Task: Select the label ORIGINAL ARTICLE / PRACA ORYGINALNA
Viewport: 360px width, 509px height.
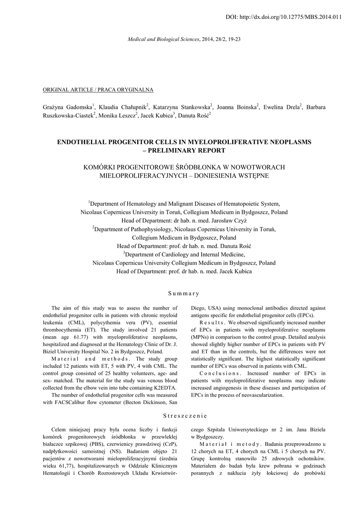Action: pyautogui.click(x=98, y=89)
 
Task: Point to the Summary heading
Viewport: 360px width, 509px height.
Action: pyautogui.click(x=180, y=293)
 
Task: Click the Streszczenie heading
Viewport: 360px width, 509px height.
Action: pyautogui.click(x=180, y=415)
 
